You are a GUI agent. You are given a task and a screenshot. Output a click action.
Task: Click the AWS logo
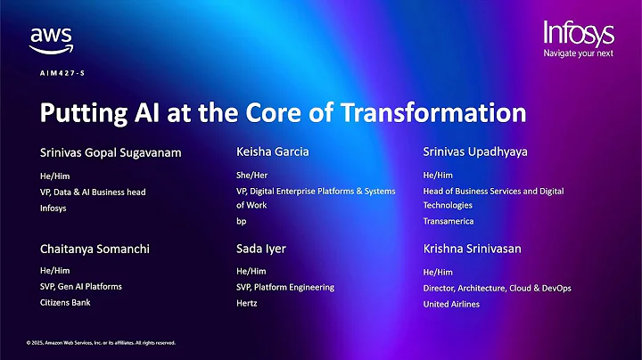tap(50, 40)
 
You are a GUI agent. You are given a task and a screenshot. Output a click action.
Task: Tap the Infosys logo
tap(580, 33)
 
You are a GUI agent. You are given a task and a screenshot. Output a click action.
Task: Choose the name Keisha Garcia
tap(273, 151)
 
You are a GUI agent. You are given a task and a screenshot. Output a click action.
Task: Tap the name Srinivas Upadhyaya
tap(475, 151)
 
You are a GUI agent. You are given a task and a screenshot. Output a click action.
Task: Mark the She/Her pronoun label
tap(253, 176)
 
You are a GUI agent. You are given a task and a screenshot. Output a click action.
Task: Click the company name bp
tap(242, 220)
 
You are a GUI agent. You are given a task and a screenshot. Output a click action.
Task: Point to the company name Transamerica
tap(449, 220)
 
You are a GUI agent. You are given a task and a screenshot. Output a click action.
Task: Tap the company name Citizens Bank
tap(65, 303)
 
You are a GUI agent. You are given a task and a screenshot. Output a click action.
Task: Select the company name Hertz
tap(248, 303)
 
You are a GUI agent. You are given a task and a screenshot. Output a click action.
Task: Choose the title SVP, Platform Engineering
tap(285, 287)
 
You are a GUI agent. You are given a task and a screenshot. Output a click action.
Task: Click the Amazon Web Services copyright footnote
tap(101, 342)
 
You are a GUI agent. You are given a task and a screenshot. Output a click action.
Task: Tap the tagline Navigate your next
tap(580, 53)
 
